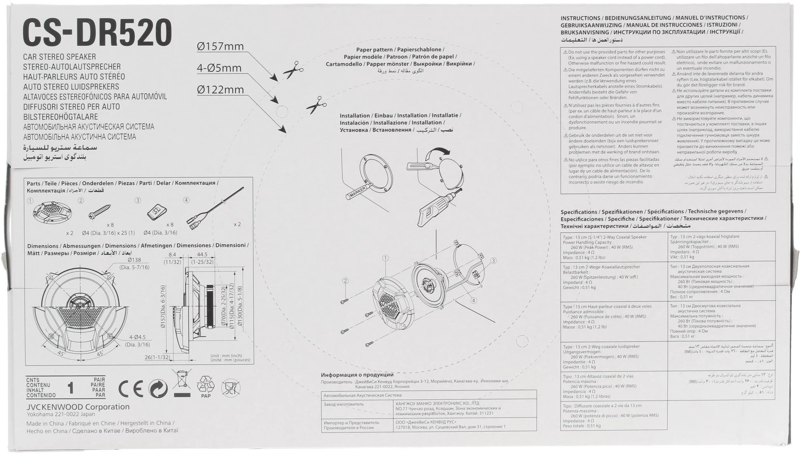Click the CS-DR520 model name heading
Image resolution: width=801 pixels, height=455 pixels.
pos(97,33)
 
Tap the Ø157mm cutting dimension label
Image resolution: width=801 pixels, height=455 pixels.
pos(220,46)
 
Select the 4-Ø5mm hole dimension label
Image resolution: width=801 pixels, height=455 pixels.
pos(219,68)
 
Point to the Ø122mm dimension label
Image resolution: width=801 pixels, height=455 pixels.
pos(220,89)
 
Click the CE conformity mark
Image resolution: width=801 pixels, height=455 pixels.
pos(130,389)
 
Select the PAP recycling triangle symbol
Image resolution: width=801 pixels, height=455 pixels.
pos(206,386)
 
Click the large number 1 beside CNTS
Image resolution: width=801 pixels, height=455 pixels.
pos(71,388)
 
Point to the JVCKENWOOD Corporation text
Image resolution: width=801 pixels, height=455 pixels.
pos(78,407)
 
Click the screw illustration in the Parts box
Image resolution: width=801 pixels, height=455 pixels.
pos(100,212)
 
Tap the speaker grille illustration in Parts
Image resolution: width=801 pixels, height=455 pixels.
pos(52,212)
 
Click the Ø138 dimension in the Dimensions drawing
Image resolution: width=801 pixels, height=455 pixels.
pos(134,260)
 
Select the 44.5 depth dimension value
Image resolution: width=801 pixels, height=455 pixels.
pos(202,255)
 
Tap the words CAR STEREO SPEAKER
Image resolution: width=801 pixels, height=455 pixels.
pos(59,57)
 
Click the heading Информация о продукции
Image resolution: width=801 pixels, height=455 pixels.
pos(357,375)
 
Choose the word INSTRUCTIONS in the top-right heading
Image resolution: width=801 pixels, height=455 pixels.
pos(580,18)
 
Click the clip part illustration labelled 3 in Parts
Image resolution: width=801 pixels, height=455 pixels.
pos(157,212)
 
